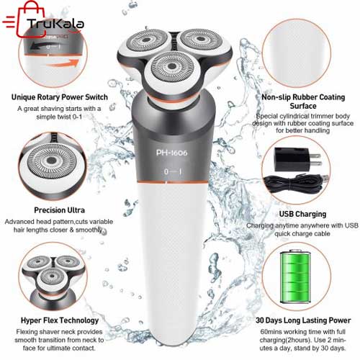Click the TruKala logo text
tap(55, 24)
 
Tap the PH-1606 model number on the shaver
tap(171, 153)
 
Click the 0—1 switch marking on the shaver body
tap(173, 171)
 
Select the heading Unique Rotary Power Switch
tap(60, 97)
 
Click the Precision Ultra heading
tap(59, 210)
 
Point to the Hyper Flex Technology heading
tap(60, 320)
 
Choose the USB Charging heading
tap(302, 214)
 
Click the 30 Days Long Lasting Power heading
tap(303, 320)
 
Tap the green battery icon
tap(295, 276)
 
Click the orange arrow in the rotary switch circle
tap(63, 64)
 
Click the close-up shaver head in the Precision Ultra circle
tap(52, 161)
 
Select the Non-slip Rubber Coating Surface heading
tap(303, 102)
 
